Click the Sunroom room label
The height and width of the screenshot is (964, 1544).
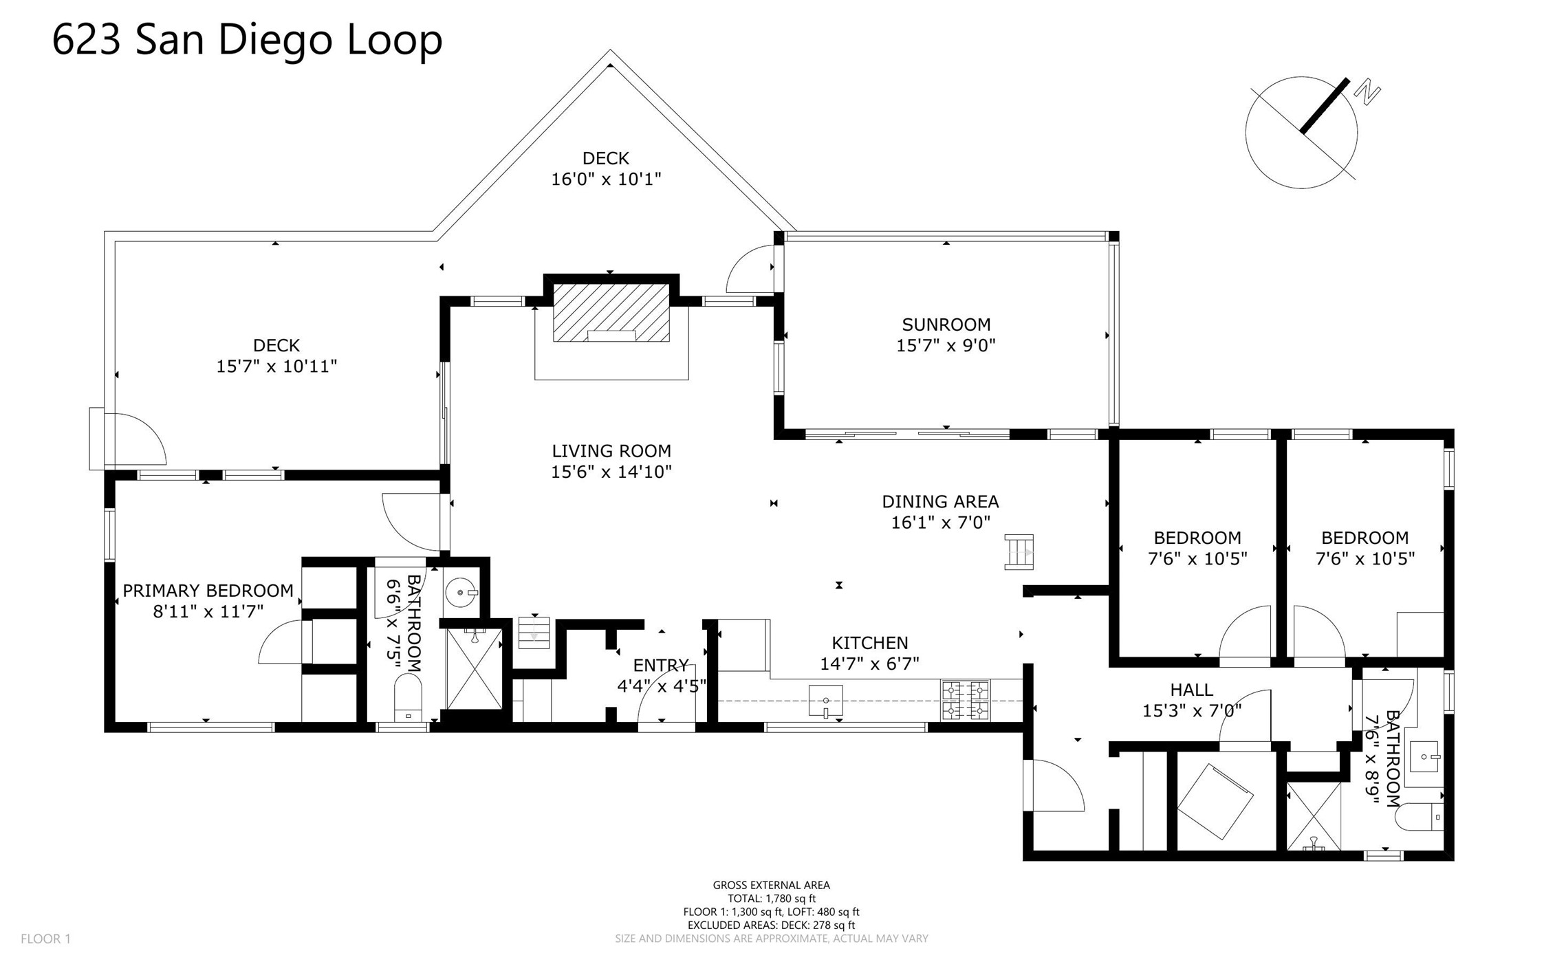tap(946, 325)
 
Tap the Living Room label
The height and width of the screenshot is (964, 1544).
tap(611, 451)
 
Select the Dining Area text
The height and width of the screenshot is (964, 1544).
tap(940, 502)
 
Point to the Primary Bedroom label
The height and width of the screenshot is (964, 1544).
tap(208, 591)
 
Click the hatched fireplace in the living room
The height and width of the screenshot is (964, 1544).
tap(611, 312)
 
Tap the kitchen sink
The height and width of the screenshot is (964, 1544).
tap(825, 701)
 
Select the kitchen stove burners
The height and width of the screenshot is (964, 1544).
tap(966, 700)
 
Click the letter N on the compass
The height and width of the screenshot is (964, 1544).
tap(1367, 93)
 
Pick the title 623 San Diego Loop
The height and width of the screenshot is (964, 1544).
tap(248, 39)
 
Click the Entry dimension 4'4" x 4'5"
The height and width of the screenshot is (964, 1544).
tap(662, 686)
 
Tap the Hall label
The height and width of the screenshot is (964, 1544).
tap(1192, 690)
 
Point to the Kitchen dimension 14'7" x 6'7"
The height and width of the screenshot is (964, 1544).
tap(869, 664)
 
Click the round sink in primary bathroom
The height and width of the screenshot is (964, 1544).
tap(459, 591)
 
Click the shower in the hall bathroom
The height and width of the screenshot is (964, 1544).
tap(1314, 817)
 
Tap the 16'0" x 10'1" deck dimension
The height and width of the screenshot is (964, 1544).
tap(606, 179)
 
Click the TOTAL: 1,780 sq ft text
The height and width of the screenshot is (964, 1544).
tap(772, 899)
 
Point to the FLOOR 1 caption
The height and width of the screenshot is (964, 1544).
tap(45, 939)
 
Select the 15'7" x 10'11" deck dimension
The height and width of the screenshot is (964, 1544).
tap(276, 366)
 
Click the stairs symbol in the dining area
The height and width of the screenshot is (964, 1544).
tap(1019, 552)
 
